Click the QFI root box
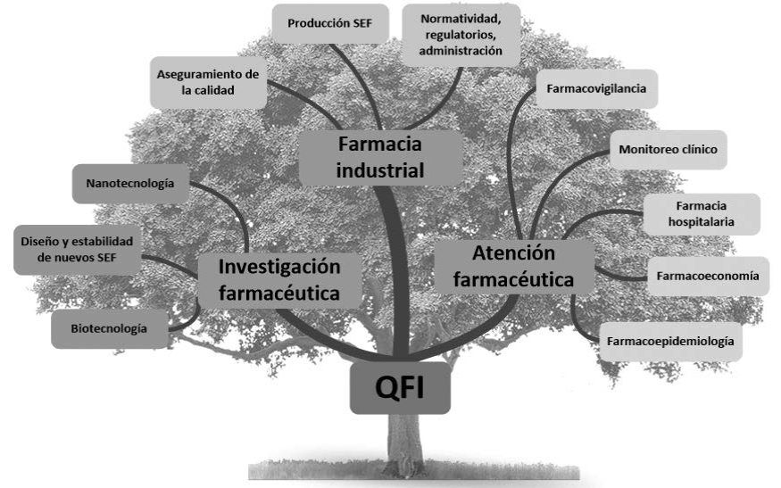[x=398, y=389]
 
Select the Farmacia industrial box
[x=381, y=156]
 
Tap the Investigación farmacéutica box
[x=278, y=278]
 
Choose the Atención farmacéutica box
[x=512, y=267]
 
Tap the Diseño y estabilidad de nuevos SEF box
[x=76, y=249]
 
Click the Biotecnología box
[x=110, y=328]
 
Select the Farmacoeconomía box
[x=707, y=276]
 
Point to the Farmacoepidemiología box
[x=669, y=341]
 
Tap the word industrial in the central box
[x=381, y=169]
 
